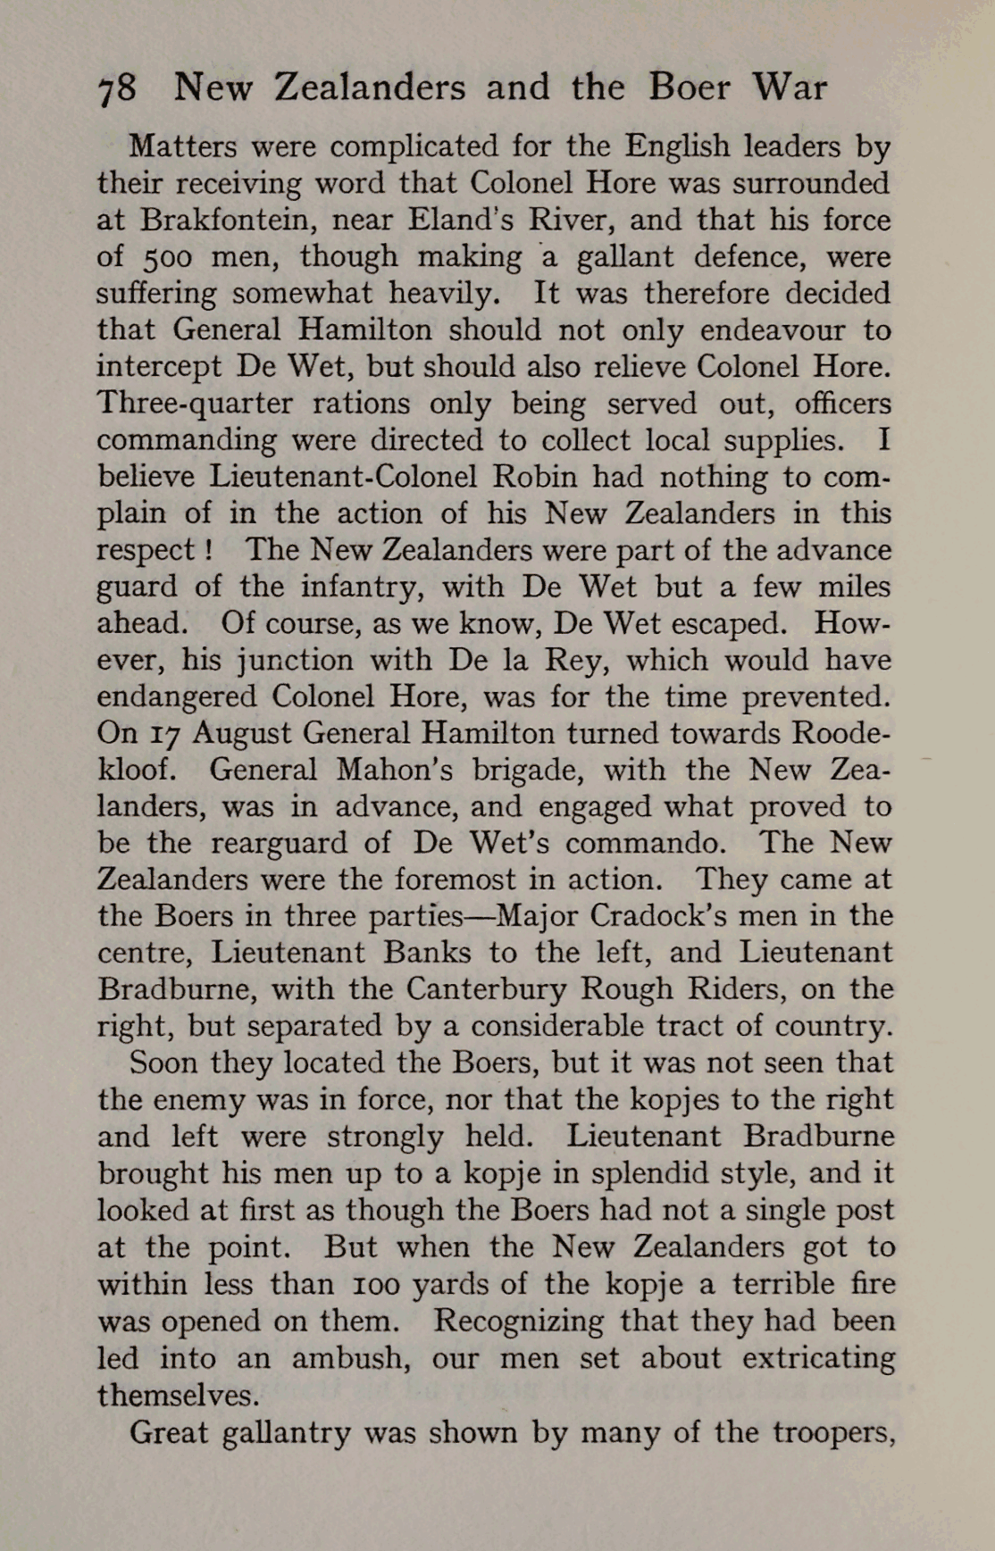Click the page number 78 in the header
(117, 89)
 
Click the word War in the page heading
(790, 88)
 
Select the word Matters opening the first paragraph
(181, 146)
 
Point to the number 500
(166, 257)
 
